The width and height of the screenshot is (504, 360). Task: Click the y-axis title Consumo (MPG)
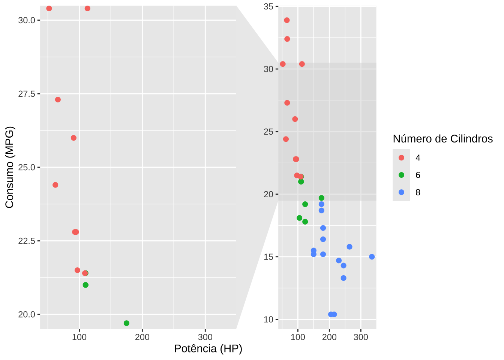(9, 167)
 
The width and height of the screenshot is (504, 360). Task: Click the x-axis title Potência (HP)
(208, 349)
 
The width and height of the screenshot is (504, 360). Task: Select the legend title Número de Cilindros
(442, 139)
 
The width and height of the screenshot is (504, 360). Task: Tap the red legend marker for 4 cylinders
(401, 158)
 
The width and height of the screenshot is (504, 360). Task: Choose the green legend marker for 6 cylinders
(401, 175)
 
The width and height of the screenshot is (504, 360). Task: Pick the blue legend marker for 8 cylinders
(401, 192)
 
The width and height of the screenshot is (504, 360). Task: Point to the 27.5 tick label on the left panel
(27, 94)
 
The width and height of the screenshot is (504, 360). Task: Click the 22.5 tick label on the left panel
(27, 241)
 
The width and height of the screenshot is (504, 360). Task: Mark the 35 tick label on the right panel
(268, 6)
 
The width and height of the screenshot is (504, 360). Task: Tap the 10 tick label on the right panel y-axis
(268, 319)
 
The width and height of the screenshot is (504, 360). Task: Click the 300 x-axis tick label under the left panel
(205, 337)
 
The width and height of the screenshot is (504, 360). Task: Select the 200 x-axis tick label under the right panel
(329, 337)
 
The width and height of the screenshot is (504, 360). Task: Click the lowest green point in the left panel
(126, 323)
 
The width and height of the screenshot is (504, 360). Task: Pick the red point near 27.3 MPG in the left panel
(58, 100)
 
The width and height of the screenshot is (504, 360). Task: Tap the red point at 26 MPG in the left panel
(73, 138)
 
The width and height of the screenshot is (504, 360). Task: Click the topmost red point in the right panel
(287, 20)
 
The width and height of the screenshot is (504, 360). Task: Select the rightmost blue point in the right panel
(372, 257)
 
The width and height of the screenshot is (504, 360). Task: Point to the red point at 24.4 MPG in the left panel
(55, 185)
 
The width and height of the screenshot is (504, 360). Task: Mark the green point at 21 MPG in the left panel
(85, 285)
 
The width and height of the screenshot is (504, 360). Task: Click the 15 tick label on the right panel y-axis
(268, 257)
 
